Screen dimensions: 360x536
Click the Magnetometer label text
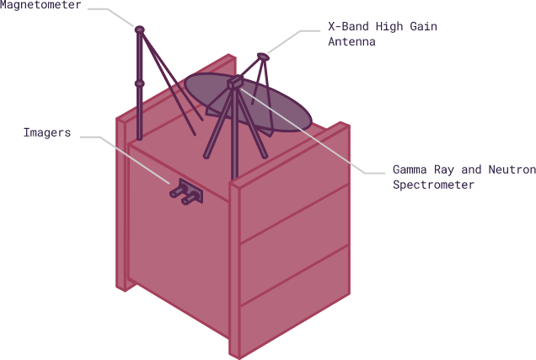[40, 6]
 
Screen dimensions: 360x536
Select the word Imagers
[46, 133]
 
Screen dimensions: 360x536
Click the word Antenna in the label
[351, 41]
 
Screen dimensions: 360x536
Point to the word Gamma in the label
[410, 170]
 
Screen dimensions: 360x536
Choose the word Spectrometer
[433, 185]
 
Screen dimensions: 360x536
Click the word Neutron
[511, 170]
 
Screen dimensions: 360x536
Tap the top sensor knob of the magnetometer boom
[140, 30]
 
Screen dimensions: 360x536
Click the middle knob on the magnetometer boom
[140, 83]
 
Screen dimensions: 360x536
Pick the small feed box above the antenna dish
[263, 56]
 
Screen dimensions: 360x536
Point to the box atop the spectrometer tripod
[235, 83]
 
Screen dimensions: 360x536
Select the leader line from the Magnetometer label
[114, 11]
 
